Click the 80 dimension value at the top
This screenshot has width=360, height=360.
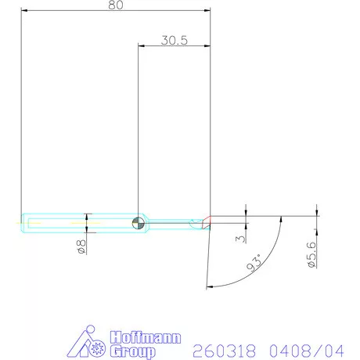[116, 5]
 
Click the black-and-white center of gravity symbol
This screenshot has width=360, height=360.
[138, 221]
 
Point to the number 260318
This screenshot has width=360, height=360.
[220, 350]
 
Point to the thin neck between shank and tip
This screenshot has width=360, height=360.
[172, 222]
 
